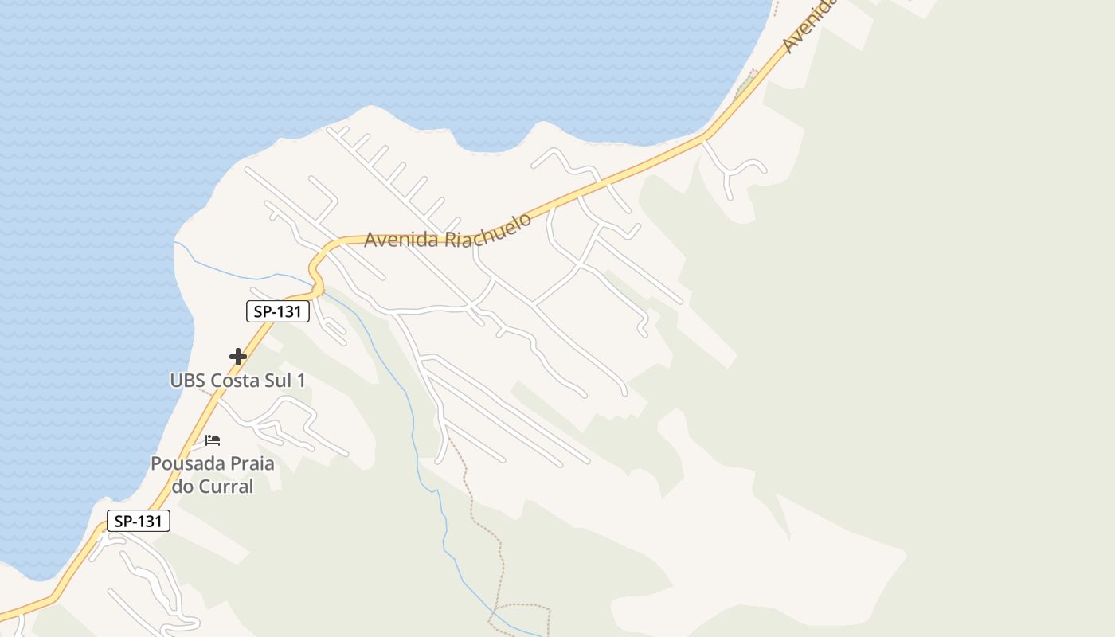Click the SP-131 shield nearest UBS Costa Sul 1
[x=277, y=311]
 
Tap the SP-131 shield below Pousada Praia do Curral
[x=139, y=522]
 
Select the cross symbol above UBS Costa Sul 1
[x=237, y=357]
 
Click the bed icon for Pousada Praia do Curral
[x=213, y=440]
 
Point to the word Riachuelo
[x=487, y=230]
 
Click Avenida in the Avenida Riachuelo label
[x=401, y=240]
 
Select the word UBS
[x=187, y=381]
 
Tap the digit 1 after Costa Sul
[x=301, y=381]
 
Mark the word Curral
[x=225, y=486]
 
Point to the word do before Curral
[x=184, y=486]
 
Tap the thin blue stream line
[x=414, y=430]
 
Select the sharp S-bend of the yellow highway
[x=317, y=269]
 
